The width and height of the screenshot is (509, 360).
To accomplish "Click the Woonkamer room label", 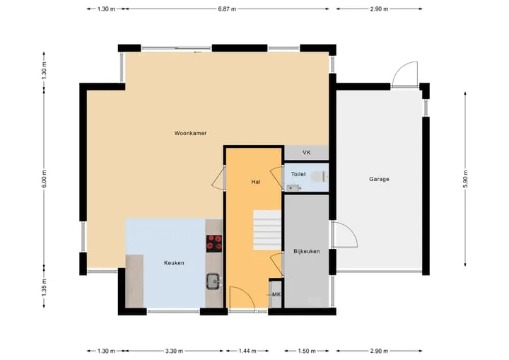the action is point(190,133).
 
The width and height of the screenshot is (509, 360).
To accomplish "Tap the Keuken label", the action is point(174,263).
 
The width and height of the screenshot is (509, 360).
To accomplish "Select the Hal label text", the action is point(256,182).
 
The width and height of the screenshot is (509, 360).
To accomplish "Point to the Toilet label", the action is point(298,174).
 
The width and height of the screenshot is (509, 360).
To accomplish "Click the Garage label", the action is point(379,179).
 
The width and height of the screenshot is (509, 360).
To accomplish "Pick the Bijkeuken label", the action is point(306,251).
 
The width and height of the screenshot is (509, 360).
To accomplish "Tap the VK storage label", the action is point(307,152).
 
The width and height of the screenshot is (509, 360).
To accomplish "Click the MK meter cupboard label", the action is point(276,294).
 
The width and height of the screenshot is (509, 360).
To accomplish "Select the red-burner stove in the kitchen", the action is point(214,243).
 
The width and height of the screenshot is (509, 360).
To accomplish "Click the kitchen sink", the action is point(213,281).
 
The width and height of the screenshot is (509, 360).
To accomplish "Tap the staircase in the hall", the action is point(267,230).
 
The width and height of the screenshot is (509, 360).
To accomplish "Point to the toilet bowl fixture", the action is point(317,177).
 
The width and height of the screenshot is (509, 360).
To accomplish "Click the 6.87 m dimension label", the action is point(227,9).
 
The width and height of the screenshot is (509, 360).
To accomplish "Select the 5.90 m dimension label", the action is point(465,179).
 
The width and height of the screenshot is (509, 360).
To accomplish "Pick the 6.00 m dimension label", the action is point(44,179).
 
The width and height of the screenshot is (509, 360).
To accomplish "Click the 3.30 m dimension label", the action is point(174,351).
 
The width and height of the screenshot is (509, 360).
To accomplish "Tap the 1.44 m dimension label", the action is point(247,351).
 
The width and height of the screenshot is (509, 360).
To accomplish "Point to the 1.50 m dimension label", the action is point(307,351).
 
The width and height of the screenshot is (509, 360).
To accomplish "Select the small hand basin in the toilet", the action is point(293,187).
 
